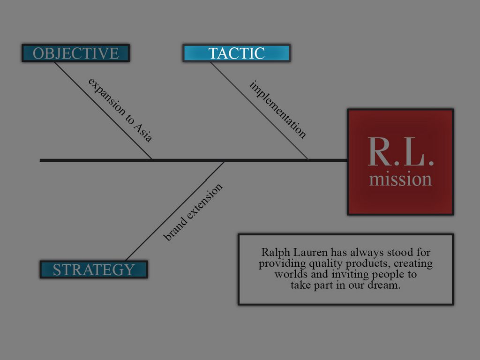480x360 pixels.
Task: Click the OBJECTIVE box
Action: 75,53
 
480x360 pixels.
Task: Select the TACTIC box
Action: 236,53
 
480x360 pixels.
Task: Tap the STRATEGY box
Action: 93,270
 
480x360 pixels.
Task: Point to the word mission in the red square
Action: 400,180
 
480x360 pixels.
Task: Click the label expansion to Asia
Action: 120,110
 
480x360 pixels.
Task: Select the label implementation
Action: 278,110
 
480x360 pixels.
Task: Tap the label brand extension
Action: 193,212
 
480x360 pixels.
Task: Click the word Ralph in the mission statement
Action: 274,252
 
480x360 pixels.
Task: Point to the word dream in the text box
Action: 386,285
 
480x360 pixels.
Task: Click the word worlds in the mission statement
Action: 290,274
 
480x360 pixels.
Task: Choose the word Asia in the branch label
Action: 143,132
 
